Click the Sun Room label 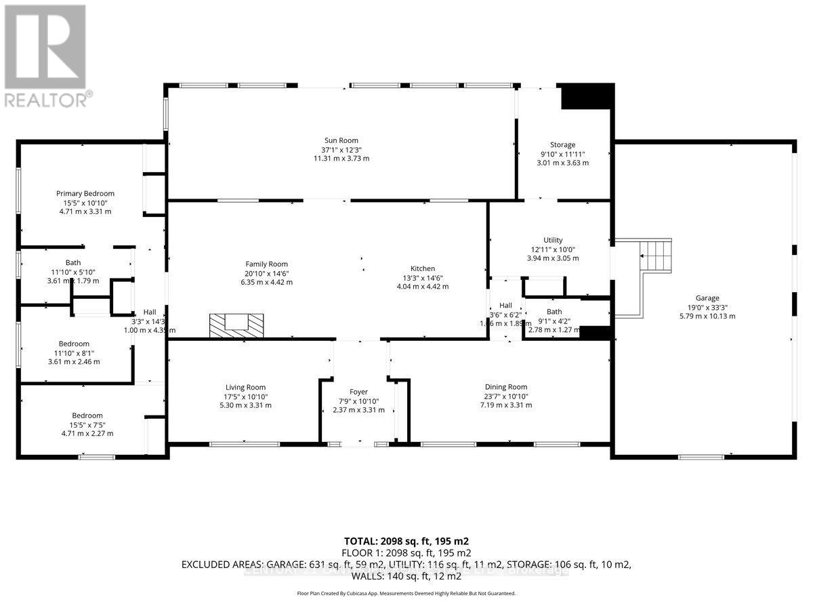[x=341, y=141]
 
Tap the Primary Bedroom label [x=85, y=194]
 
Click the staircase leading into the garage [x=654, y=257]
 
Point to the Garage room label [x=707, y=298]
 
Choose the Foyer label [x=358, y=392]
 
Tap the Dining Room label [x=506, y=387]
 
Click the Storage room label [x=562, y=145]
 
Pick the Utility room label [x=553, y=241]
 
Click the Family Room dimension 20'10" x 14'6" [x=266, y=273]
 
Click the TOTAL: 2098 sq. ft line [x=406, y=541]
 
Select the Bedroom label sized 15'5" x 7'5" [x=87, y=415]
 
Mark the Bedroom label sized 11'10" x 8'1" [x=74, y=344]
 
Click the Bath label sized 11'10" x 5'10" [x=73, y=263]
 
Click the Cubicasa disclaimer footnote [x=406, y=593]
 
